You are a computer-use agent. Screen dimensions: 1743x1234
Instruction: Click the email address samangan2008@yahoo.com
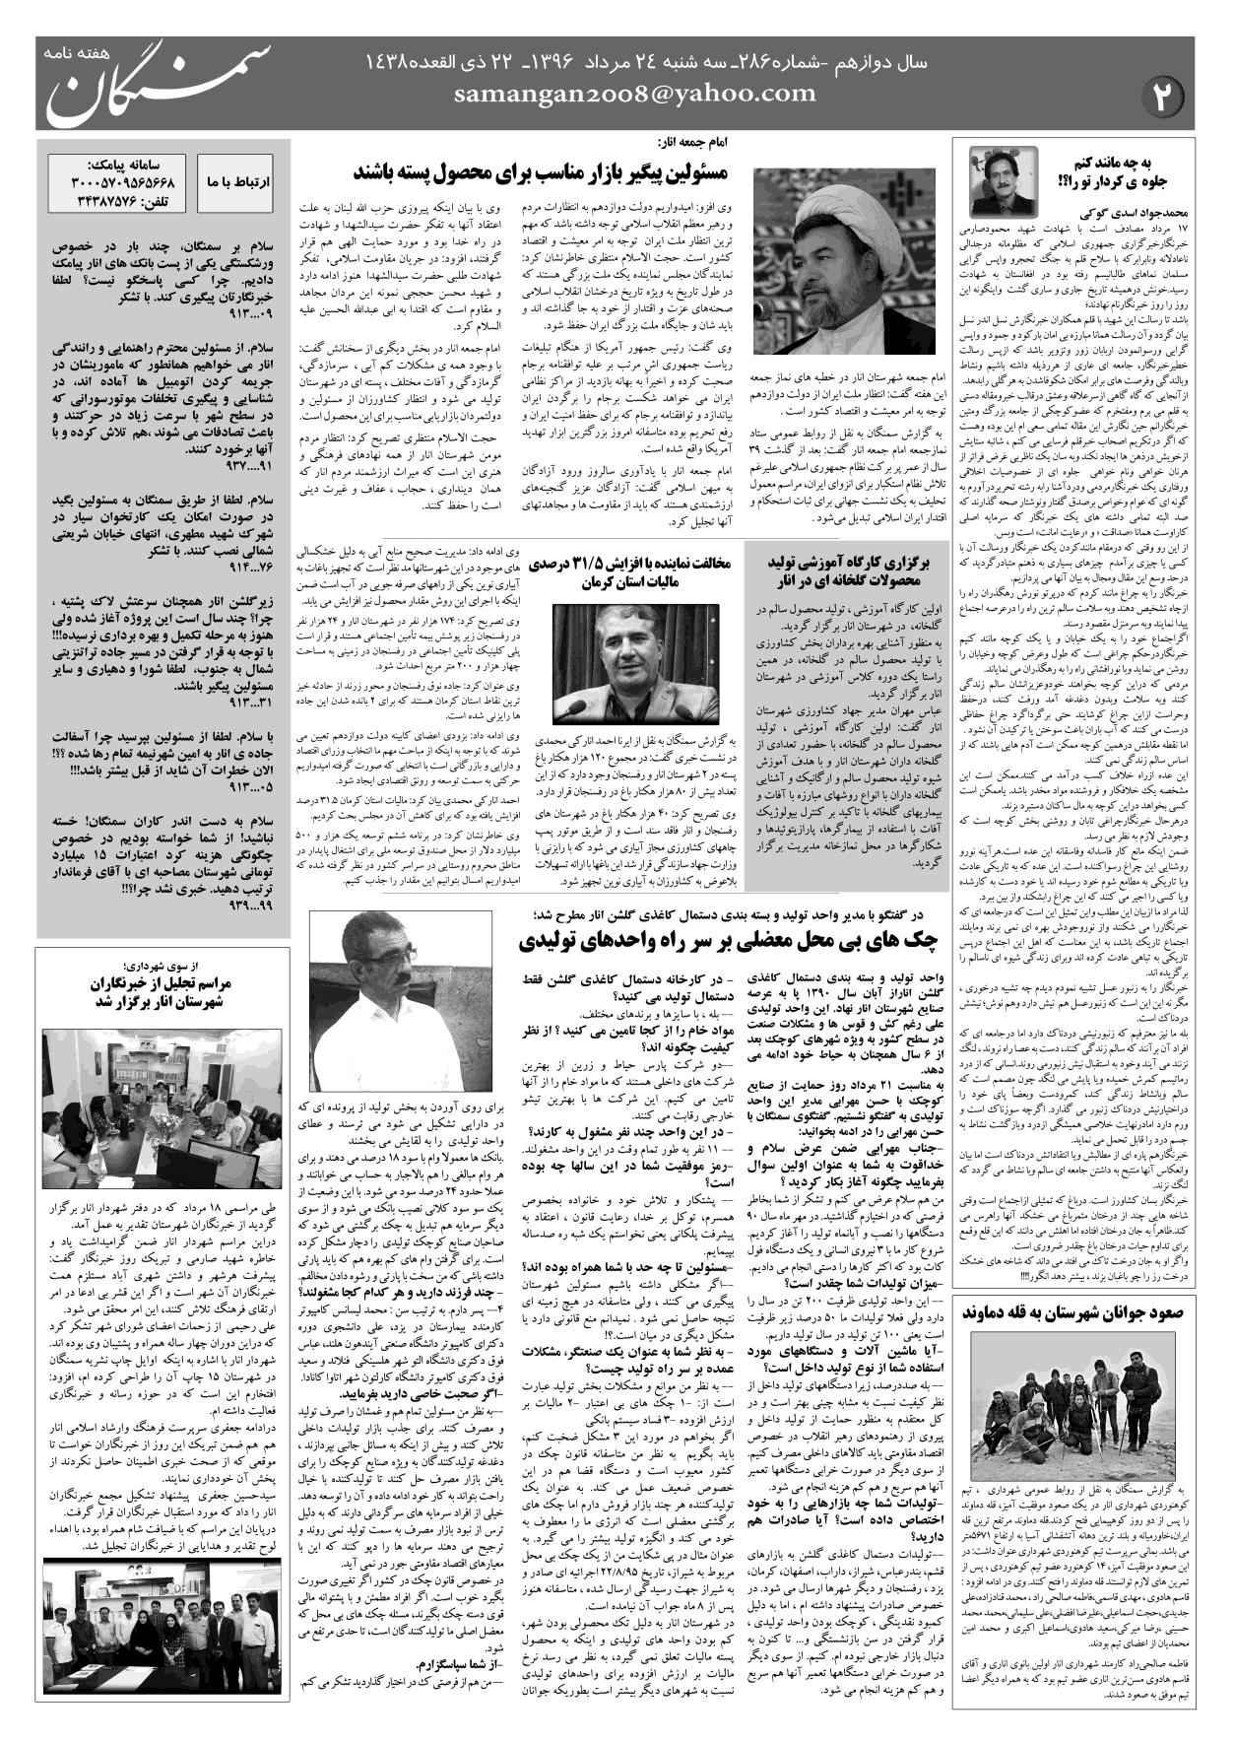[635, 95]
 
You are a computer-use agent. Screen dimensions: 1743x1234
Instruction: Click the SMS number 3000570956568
[123, 184]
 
